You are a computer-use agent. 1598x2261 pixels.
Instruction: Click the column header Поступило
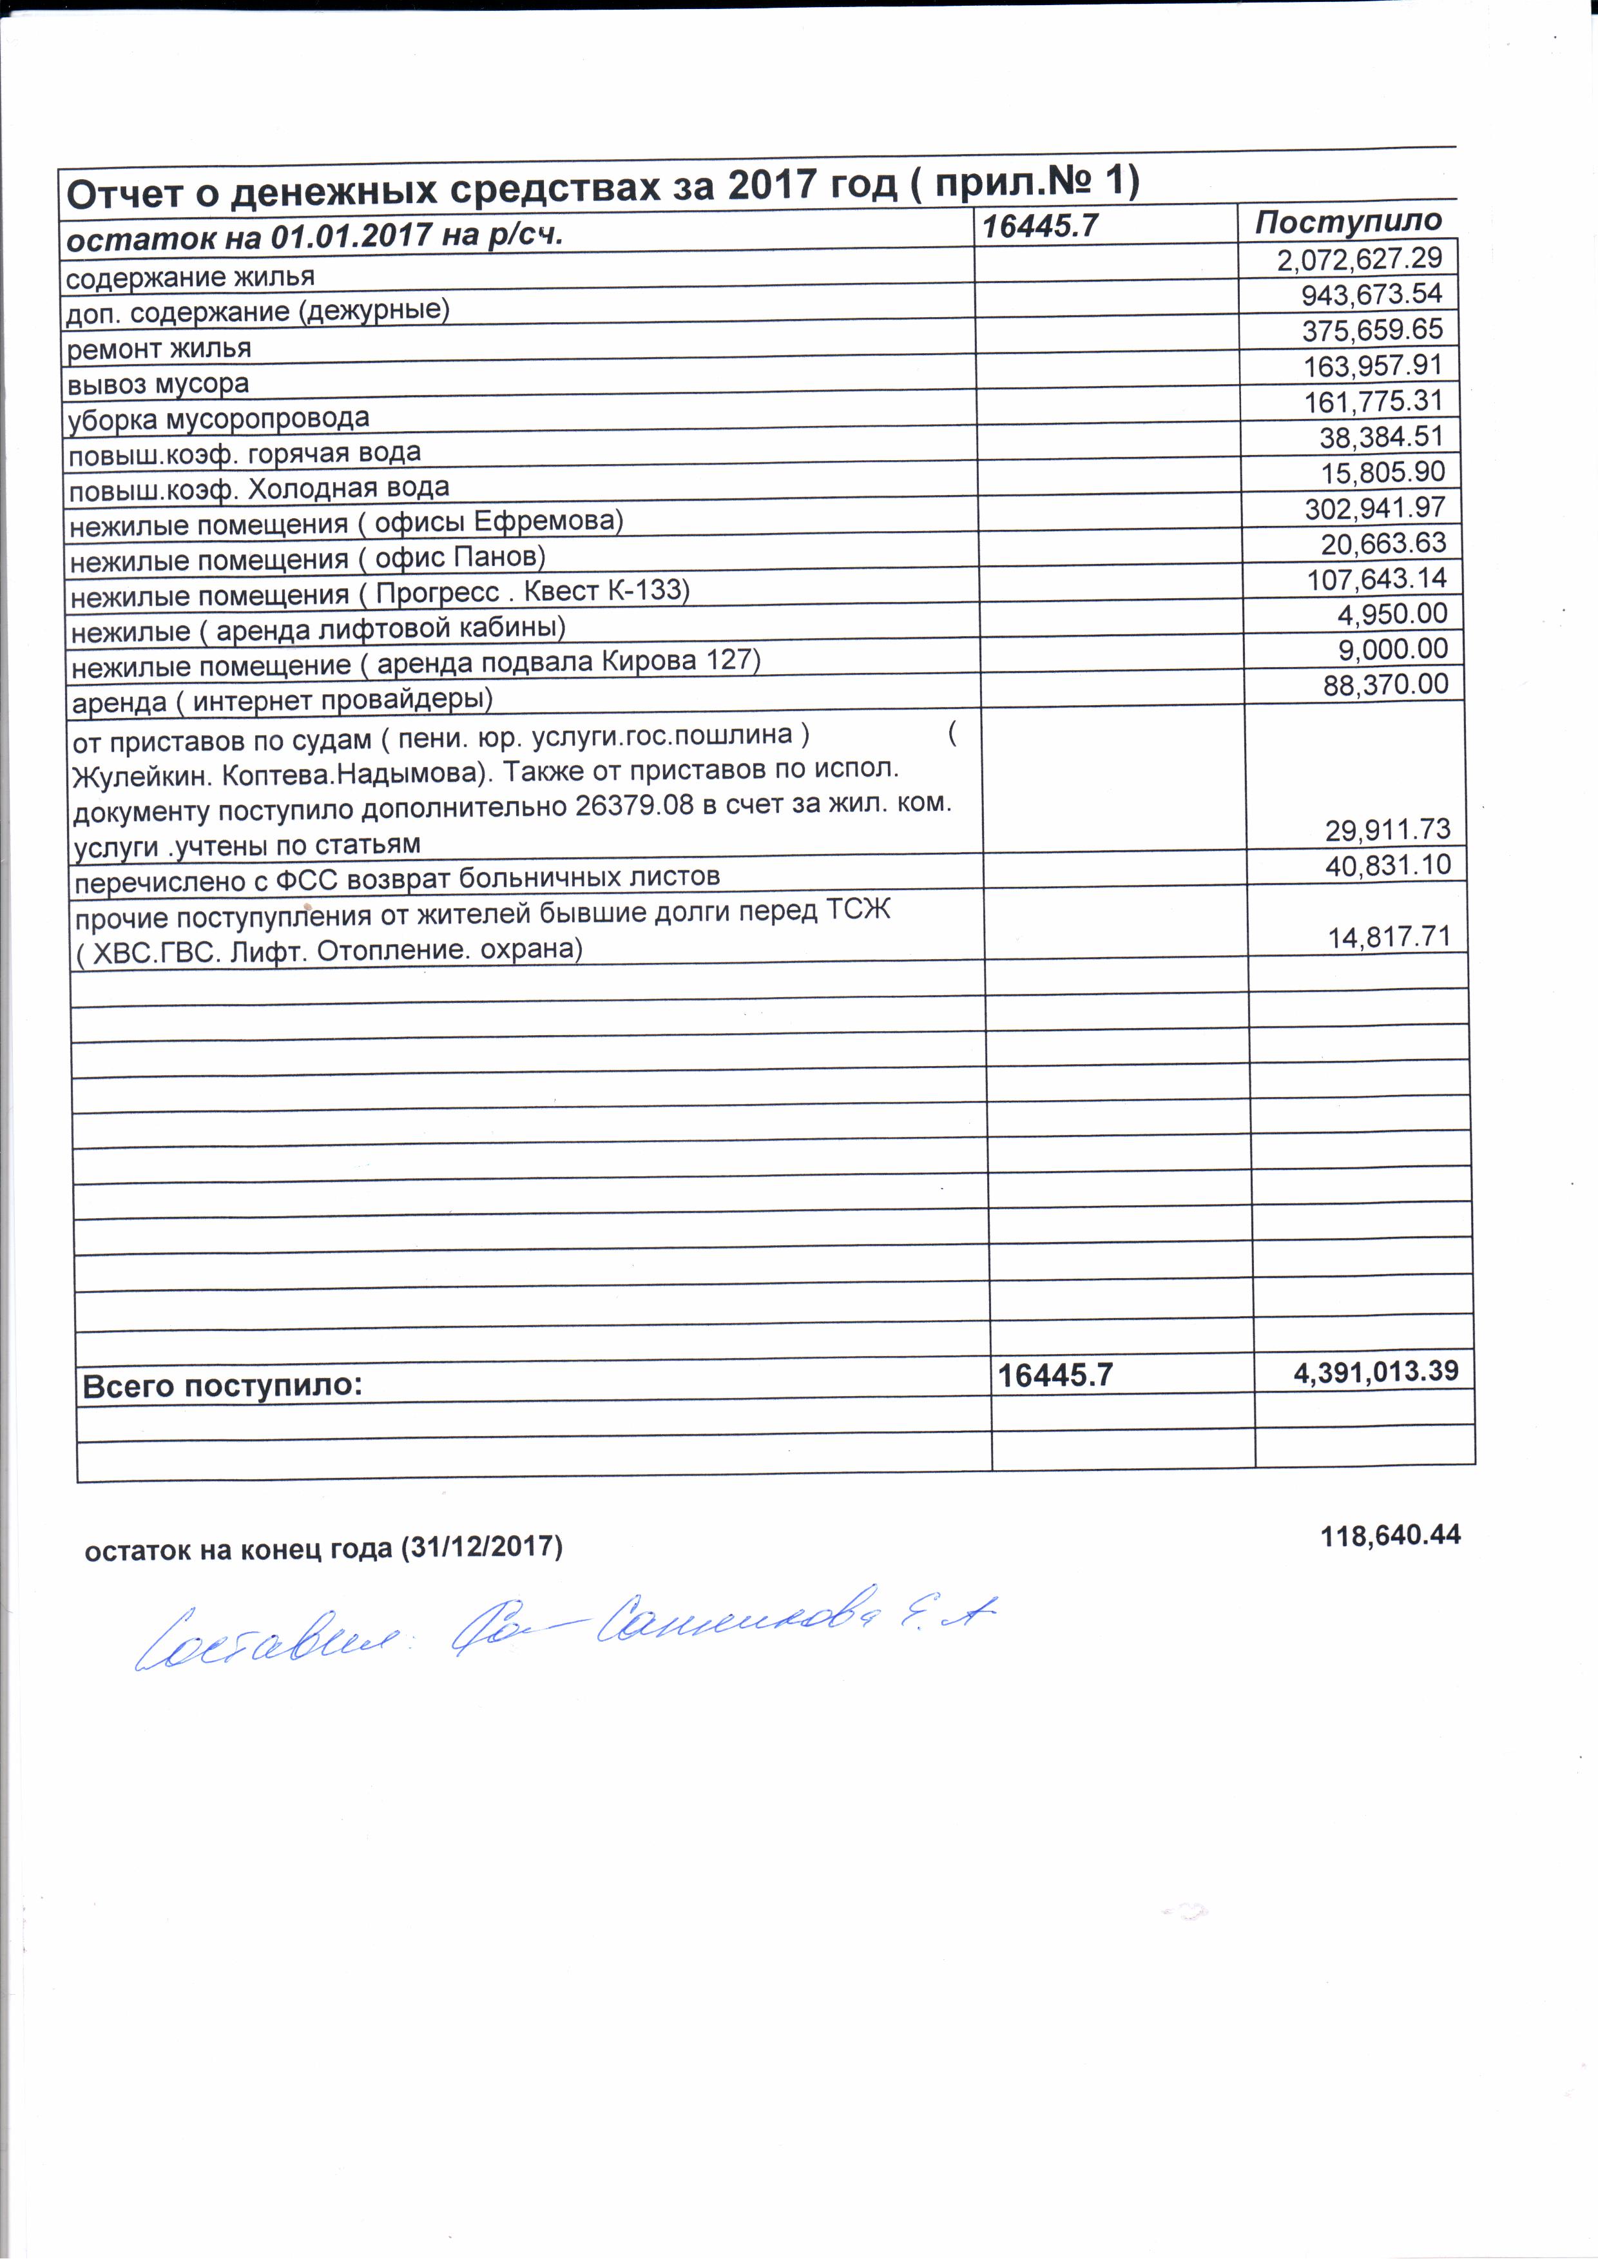1347,222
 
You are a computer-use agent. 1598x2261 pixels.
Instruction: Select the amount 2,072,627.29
1359,259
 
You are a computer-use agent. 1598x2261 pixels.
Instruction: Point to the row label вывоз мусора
157,384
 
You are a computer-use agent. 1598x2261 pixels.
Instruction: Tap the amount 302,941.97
1374,508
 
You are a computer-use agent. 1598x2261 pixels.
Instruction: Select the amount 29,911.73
1387,830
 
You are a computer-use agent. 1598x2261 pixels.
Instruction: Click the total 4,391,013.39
1376,1371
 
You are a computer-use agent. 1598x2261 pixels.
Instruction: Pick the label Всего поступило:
222,1386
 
